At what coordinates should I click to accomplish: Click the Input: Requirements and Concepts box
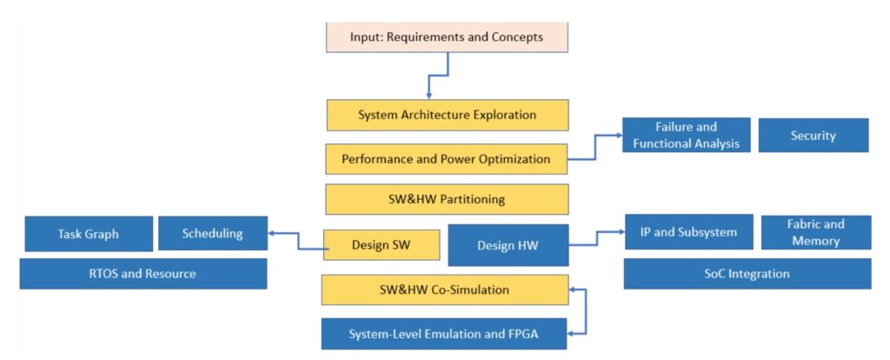click(447, 37)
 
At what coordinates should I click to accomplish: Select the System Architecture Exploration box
click(447, 115)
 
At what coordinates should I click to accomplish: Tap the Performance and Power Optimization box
click(446, 159)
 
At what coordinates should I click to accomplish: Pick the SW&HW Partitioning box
click(447, 199)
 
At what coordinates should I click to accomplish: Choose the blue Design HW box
click(508, 245)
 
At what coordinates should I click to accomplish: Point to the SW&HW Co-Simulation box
click(444, 290)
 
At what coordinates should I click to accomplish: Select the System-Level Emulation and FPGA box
click(444, 334)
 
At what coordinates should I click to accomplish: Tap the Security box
click(813, 136)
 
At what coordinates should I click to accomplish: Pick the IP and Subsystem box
click(688, 232)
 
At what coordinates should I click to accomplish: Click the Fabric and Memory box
click(816, 232)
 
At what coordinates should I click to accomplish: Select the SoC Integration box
click(747, 274)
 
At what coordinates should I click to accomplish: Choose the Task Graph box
click(89, 234)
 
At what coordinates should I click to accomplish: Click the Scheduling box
click(212, 233)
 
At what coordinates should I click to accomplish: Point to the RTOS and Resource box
click(143, 274)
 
